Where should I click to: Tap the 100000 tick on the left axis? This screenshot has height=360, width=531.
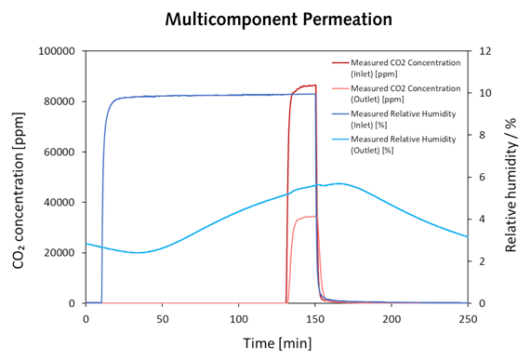(58, 51)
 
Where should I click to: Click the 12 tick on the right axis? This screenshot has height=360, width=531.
(483, 51)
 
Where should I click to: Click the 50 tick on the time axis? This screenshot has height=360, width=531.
(162, 316)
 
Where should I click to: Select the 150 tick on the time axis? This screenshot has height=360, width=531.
(315, 316)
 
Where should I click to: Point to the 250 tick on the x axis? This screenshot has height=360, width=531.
(468, 316)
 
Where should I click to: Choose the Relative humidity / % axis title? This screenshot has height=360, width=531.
(511, 177)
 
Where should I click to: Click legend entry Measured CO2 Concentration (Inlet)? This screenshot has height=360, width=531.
(405, 68)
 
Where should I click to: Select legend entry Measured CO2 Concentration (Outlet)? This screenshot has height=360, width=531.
(405, 93)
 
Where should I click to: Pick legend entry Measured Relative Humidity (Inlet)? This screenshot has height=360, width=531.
(405, 118)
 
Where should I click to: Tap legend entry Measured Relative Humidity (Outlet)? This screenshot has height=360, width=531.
(405, 144)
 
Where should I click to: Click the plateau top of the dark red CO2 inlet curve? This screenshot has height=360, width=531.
(305, 87)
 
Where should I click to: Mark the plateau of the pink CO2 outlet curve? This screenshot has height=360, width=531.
(306, 218)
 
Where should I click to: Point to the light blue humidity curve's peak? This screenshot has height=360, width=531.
(339, 183)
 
